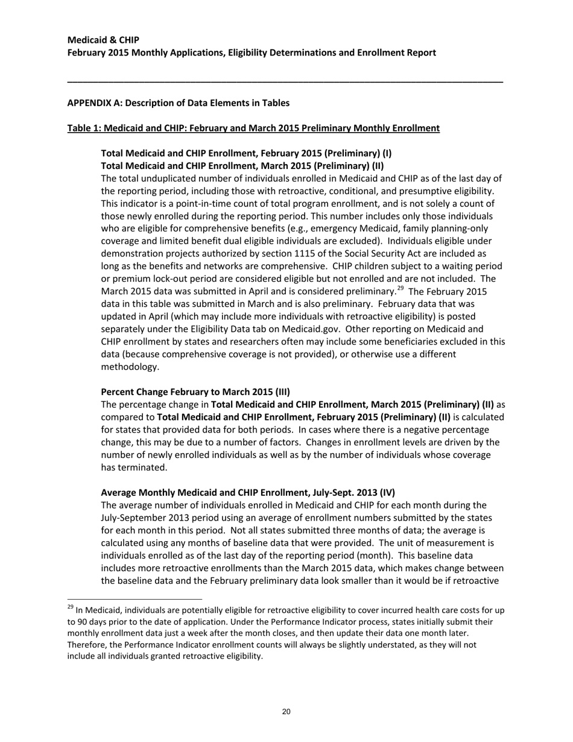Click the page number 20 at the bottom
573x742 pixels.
[x=286, y=712]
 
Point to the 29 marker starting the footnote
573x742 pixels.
[x=71, y=607]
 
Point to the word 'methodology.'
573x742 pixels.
[x=130, y=367]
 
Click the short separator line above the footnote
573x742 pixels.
[x=121, y=600]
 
